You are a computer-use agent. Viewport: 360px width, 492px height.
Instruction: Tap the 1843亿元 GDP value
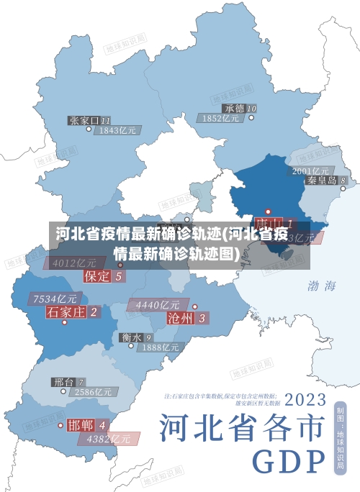click(x=118, y=130)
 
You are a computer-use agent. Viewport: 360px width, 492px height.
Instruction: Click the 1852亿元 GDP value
click(x=222, y=118)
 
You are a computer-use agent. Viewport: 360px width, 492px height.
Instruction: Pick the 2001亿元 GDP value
click(x=311, y=170)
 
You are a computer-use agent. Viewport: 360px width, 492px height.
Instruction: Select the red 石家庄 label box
click(x=73, y=312)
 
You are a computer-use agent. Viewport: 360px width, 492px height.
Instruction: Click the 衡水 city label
click(x=136, y=337)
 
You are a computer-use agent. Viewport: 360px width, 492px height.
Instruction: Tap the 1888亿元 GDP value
click(x=160, y=347)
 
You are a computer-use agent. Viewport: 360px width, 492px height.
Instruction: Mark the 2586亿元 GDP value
click(x=94, y=392)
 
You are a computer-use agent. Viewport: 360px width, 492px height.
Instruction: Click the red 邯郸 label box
click(x=88, y=425)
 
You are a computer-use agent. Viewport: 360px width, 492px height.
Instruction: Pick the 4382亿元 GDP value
click(x=109, y=438)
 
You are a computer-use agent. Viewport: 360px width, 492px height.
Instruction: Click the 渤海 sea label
click(x=321, y=286)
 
